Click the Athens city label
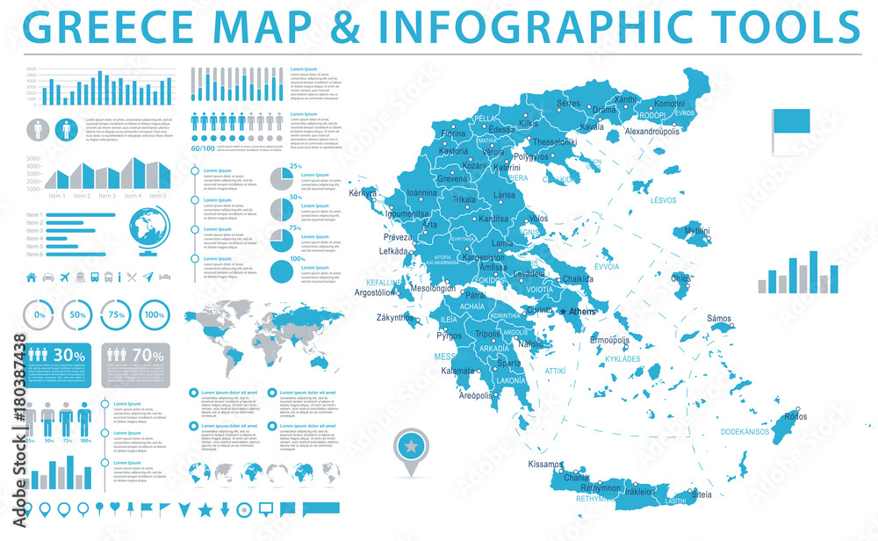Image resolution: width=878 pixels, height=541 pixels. [x=582, y=312]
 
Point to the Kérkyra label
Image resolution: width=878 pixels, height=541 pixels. [x=363, y=193]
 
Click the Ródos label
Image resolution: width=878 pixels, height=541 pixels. [x=795, y=416]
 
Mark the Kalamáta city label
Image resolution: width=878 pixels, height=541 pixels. [x=456, y=371]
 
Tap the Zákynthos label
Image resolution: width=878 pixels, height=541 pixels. [x=395, y=318]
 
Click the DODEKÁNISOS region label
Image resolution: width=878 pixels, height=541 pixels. [x=745, y=432]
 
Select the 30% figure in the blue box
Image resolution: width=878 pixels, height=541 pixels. [x=68, y=356]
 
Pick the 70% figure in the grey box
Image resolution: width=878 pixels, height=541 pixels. [x=146, y=356]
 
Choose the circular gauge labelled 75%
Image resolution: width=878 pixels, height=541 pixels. [x=114, y=314]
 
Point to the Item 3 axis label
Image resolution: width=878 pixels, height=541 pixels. [x=107, y=196]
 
